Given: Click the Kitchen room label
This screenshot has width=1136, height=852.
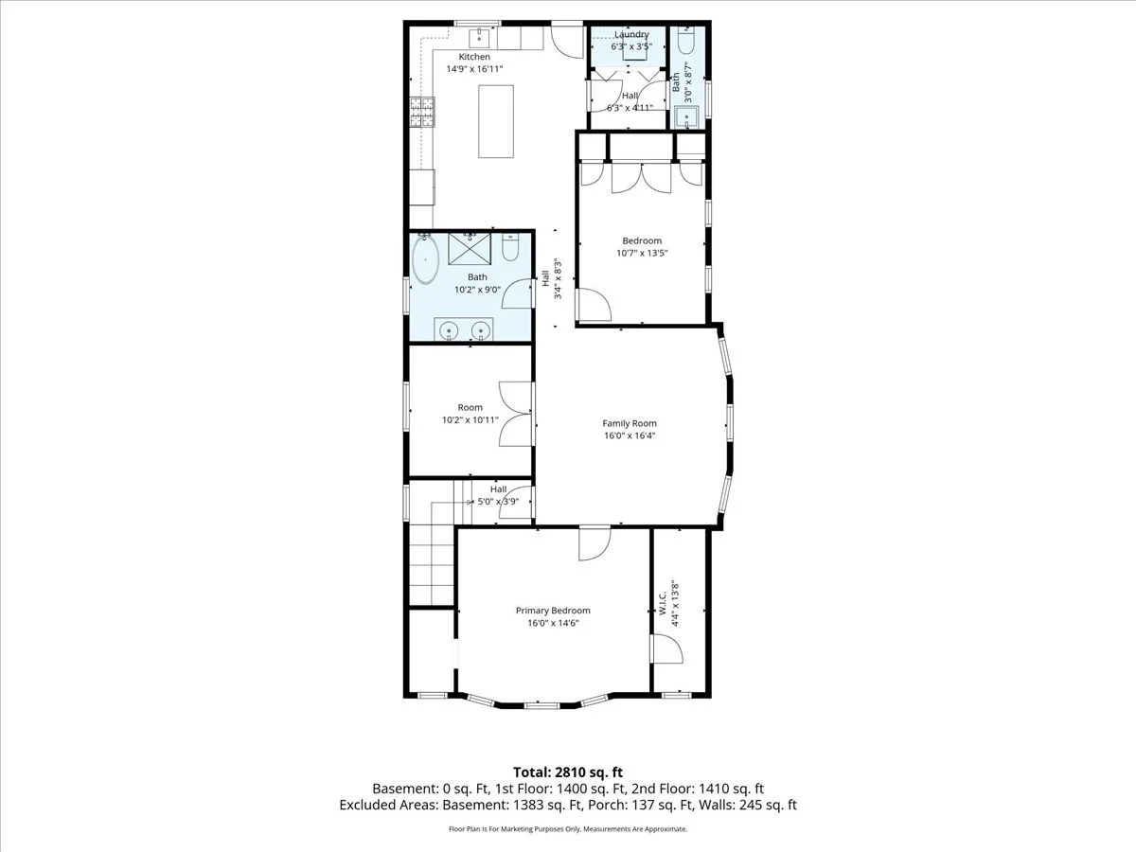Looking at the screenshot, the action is click(474, 57).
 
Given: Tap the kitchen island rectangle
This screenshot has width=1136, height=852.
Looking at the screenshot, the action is click(496, 121).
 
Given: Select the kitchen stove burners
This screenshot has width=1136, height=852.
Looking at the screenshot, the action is click(422, 113).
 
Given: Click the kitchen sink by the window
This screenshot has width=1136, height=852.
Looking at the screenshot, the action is click(480, 38).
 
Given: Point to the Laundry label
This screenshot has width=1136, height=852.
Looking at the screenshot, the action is click(631, 34).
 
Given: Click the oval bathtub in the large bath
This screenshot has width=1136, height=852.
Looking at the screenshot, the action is click(425, 259).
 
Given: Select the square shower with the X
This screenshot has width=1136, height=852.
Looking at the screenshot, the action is click(470, 249).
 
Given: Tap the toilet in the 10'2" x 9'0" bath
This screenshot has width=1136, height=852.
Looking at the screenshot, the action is click(510, 248).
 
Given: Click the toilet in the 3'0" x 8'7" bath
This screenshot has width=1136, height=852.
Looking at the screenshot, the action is click(686, 41).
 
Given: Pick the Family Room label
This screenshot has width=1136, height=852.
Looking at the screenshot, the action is click(630, 423).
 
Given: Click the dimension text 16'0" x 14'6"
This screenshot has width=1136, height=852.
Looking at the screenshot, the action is click(553, 623).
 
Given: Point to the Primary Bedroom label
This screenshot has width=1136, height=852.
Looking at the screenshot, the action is click(553, 611).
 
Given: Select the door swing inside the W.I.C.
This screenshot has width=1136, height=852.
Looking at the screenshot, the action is click(667, 649).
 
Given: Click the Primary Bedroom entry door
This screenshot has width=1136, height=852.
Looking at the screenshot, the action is click(595, 544).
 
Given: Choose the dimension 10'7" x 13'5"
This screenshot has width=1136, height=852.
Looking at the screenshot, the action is click(642, 253).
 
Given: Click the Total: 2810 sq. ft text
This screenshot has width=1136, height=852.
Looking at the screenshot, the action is click(568, 772).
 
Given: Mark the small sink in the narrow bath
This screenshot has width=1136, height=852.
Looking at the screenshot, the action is click(686, 117).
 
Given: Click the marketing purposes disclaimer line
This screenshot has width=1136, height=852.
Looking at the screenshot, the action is click(568, 829).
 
